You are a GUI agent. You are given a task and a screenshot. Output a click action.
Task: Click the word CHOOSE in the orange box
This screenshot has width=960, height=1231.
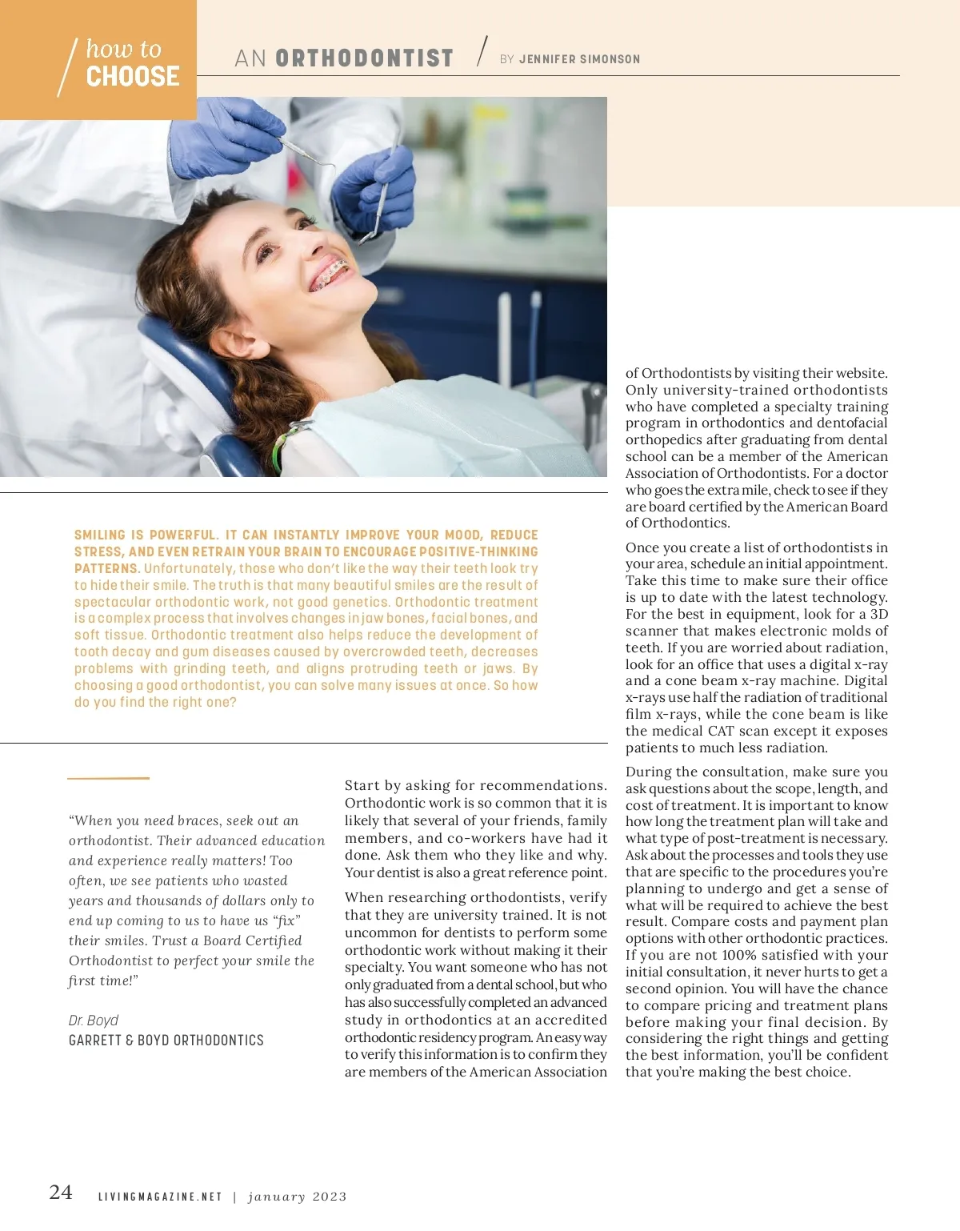[x=133, y=77]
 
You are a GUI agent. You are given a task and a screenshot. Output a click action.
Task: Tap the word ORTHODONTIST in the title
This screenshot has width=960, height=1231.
[x=364, y=58]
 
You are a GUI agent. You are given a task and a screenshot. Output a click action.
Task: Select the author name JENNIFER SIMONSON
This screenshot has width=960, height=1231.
[x=579, y=59]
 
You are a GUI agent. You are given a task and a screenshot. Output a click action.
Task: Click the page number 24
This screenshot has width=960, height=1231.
[x=61, y=1193]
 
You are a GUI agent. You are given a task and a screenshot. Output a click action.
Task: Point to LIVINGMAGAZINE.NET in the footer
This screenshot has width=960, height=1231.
[x=160, y=1197]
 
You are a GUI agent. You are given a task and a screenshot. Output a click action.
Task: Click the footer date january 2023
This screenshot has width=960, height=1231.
[x=298, y=1197]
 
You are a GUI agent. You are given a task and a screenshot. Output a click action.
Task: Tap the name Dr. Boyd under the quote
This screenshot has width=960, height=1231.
[x=94, y=1020]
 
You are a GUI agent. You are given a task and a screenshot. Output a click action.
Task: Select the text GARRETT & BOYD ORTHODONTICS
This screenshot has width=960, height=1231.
[x=166, y=1041]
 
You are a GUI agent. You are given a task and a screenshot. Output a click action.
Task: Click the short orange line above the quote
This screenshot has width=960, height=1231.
[x=108, y=777]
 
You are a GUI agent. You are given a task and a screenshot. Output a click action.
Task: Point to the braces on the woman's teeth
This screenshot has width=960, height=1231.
[x=329, y=272]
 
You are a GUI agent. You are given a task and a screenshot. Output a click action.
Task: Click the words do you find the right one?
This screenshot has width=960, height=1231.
[x=155, y=702]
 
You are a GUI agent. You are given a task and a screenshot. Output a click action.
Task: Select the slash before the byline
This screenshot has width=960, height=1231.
[x=482, y=51]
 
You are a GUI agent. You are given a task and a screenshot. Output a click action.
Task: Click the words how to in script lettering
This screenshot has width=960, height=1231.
[x=123, y=49]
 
